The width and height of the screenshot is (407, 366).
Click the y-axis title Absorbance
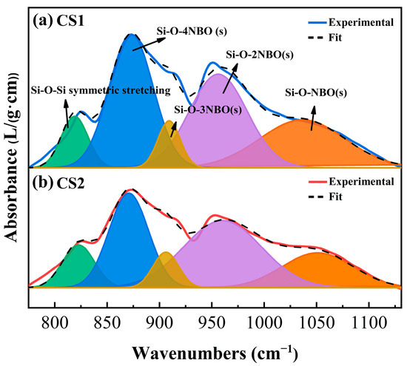(x=12, y=159)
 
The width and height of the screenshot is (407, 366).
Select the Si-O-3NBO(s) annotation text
(x=206, y=112)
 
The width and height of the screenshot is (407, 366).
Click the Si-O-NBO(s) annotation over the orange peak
(x=316, y=93)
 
